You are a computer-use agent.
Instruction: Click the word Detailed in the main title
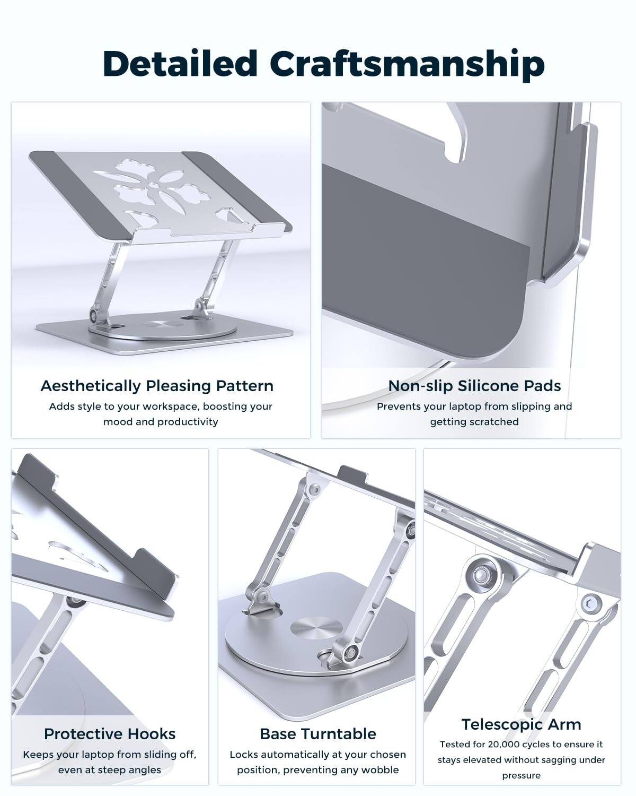[180, 63]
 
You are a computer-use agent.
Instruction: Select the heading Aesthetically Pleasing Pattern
[157, 386]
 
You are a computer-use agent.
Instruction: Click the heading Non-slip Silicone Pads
[474, 386]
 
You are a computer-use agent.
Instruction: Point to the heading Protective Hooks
[110, 734]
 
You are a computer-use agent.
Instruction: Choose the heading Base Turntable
[318, 734]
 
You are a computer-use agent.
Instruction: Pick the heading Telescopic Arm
[521, 724]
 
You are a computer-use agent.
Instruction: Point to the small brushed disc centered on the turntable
[316, 628]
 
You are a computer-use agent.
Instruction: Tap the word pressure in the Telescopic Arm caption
[521, 775]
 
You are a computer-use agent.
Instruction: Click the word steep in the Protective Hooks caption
[113, 770]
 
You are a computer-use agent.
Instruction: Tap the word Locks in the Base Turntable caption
[242, 754]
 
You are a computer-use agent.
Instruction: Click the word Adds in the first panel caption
[60, 406]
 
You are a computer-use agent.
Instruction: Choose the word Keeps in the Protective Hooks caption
[38, 755]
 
